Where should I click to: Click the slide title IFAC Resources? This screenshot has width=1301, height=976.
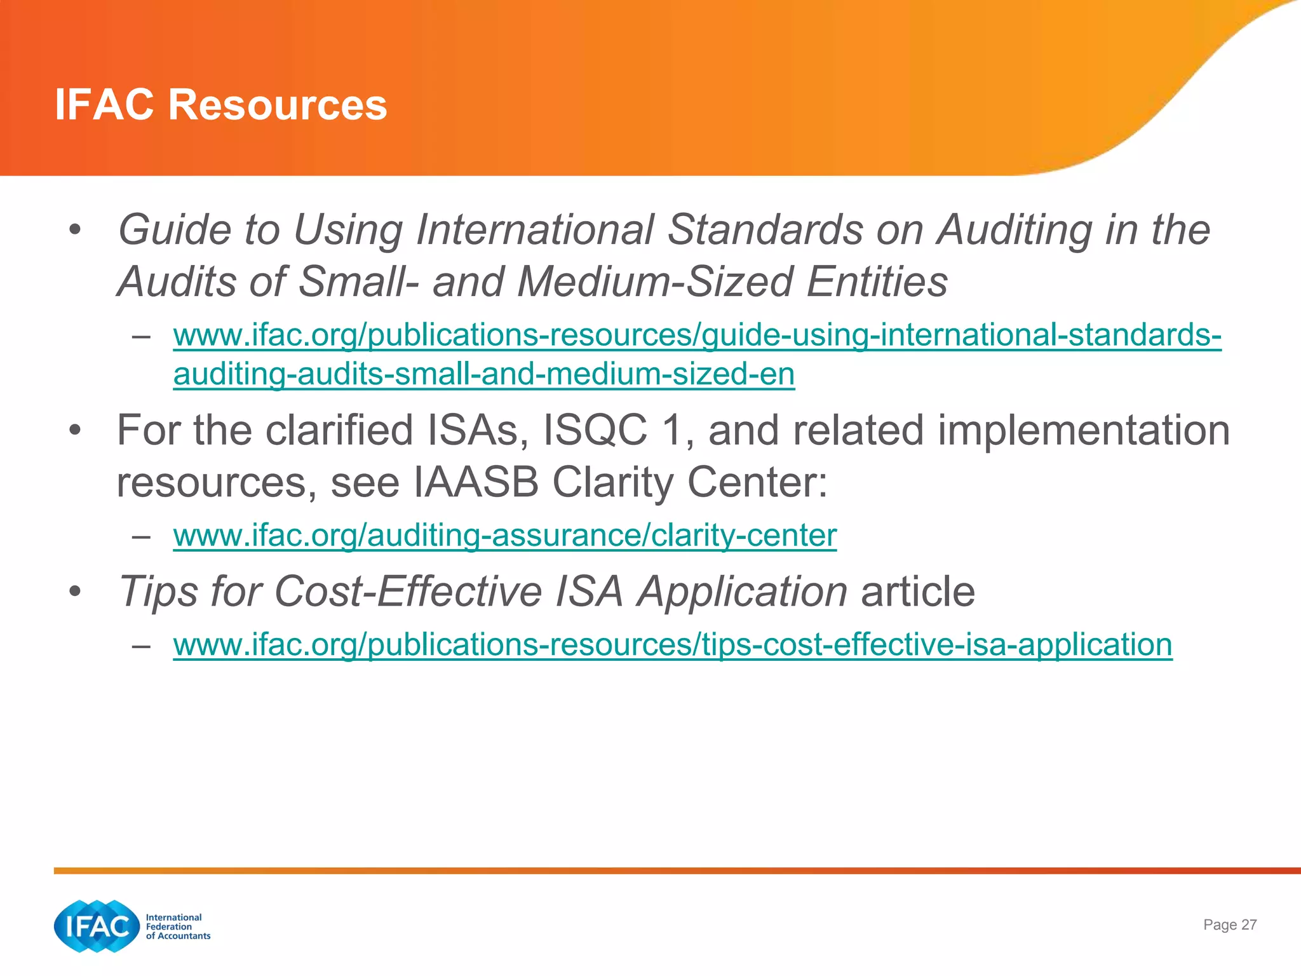point(220,105)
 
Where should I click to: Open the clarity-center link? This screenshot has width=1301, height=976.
point(504,535)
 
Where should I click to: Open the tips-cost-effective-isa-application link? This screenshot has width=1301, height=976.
point(672,645)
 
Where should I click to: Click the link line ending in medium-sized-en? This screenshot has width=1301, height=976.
point(483,374)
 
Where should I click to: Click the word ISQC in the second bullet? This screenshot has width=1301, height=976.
point(595,430)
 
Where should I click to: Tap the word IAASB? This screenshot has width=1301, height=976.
point(476,482)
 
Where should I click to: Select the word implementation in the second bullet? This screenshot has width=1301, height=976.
point(1083,430)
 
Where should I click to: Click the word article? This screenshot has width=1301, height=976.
point(917,592)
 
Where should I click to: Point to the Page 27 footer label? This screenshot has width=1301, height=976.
point(1229,925)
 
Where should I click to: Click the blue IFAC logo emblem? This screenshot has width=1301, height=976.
point(97,926)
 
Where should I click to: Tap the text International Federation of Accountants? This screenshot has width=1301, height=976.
point(177,926)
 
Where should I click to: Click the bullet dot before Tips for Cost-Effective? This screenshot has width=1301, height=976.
point(76,592)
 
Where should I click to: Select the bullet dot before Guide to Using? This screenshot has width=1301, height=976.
point(76,230)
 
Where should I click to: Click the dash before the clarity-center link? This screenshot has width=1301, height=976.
point(141,536)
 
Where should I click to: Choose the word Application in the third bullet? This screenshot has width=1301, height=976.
point(742,592)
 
